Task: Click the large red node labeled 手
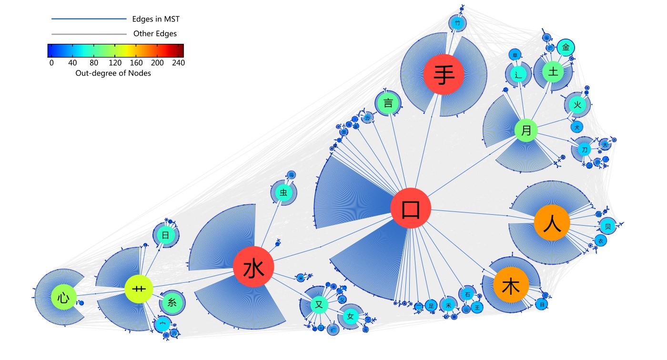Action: pos(443,75)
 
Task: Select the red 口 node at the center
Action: pos(411,209)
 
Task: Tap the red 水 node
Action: pos(253,268)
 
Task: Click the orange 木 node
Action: pos(511,287)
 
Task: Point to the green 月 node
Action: pos(526,130)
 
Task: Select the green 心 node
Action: pos(64,298)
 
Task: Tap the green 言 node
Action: pos(388,103)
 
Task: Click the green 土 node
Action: pos(553,72)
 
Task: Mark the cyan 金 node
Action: pos(566,47)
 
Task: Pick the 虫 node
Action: pos(283,193)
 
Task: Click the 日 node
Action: pos(165,235)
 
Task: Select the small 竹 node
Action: pos(457,23)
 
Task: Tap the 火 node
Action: pos(577,105)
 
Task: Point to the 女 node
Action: pos(351,317)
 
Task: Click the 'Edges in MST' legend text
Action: pos(156,19)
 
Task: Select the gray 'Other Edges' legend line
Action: pos(89,34)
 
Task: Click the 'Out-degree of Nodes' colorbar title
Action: pos(113,73)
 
